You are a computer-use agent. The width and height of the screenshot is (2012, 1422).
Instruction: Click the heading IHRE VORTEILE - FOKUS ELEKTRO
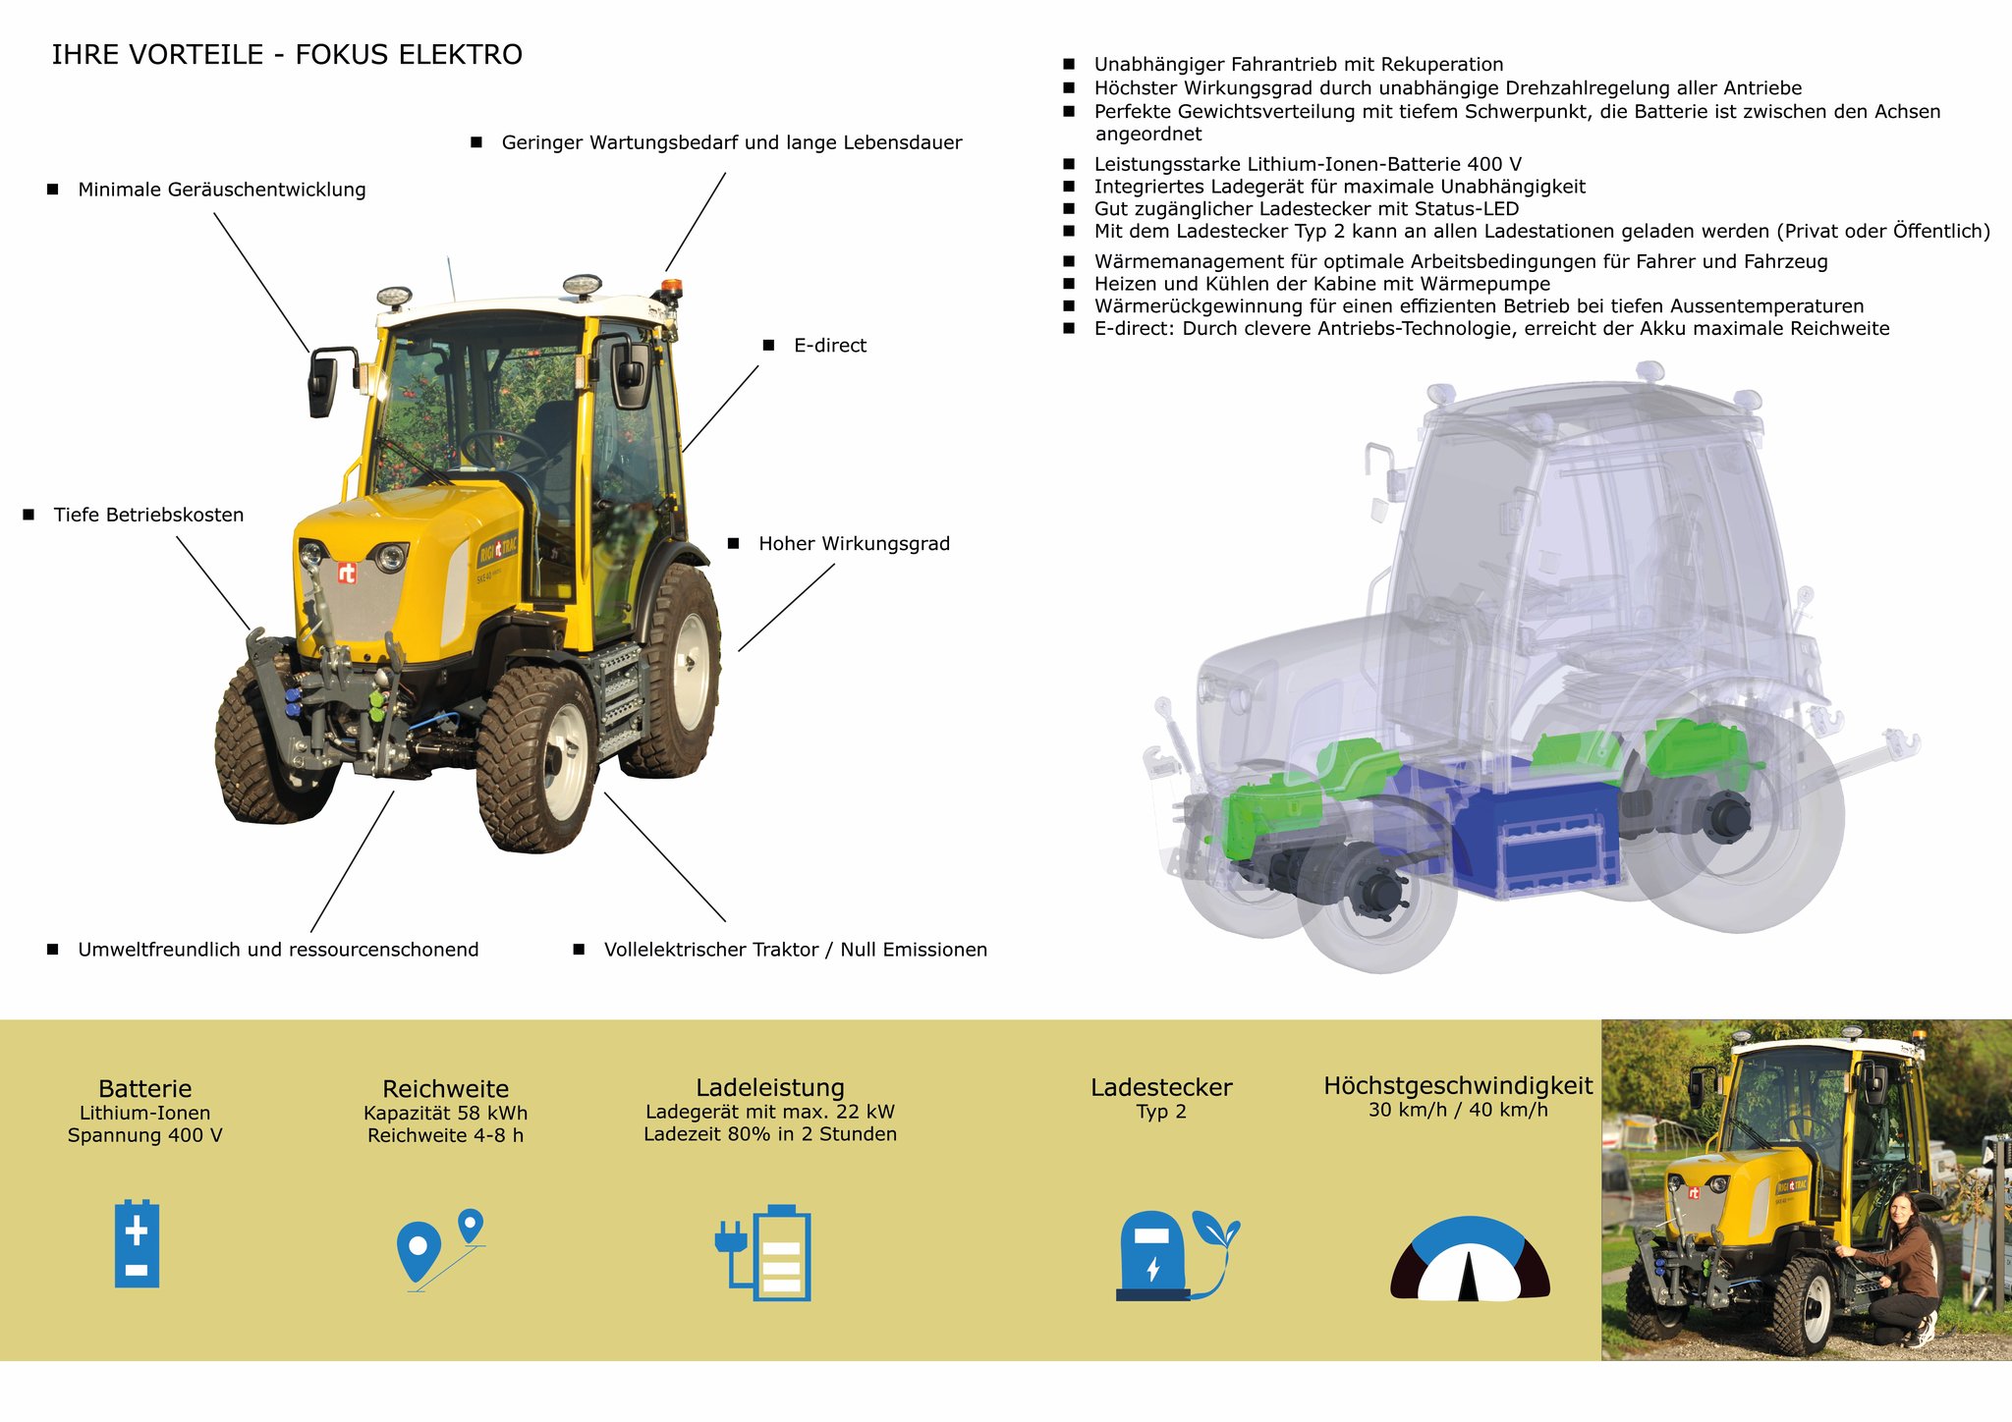pos(287,55)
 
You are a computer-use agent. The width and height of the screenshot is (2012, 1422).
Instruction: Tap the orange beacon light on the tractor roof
pos(670,289)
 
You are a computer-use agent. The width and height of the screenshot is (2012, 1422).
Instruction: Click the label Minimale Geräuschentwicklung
pos(222,190)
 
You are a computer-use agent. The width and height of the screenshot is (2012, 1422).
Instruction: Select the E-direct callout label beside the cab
pos(830,346)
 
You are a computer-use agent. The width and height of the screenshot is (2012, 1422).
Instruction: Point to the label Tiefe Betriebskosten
pos(148,515)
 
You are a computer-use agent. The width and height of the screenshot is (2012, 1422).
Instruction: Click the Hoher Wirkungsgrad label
pos(855,544)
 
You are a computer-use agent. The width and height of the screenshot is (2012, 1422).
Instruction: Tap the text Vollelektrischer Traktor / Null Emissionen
pos(796,950)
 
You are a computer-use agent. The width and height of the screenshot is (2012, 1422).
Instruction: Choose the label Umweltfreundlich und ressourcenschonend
pos(278,950)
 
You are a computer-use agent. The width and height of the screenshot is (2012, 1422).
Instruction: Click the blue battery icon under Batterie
pos(137,1242)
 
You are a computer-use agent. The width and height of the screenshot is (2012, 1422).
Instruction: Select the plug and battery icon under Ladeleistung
pos(763,1252)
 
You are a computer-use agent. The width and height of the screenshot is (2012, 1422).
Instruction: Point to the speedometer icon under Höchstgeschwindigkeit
pos(1470,1259)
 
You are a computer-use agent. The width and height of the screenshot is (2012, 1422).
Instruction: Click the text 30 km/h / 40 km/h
pos(1458,1110)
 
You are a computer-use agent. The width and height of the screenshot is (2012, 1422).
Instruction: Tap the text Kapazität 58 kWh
pos(446,1113)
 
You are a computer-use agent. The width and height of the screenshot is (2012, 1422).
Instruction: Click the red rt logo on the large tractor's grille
pos(347,573)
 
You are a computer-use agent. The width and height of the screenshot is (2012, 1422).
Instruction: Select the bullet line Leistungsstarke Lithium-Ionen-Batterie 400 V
pos(1308,164)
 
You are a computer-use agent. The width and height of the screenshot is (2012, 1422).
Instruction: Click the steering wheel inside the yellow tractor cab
pos(503,448)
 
